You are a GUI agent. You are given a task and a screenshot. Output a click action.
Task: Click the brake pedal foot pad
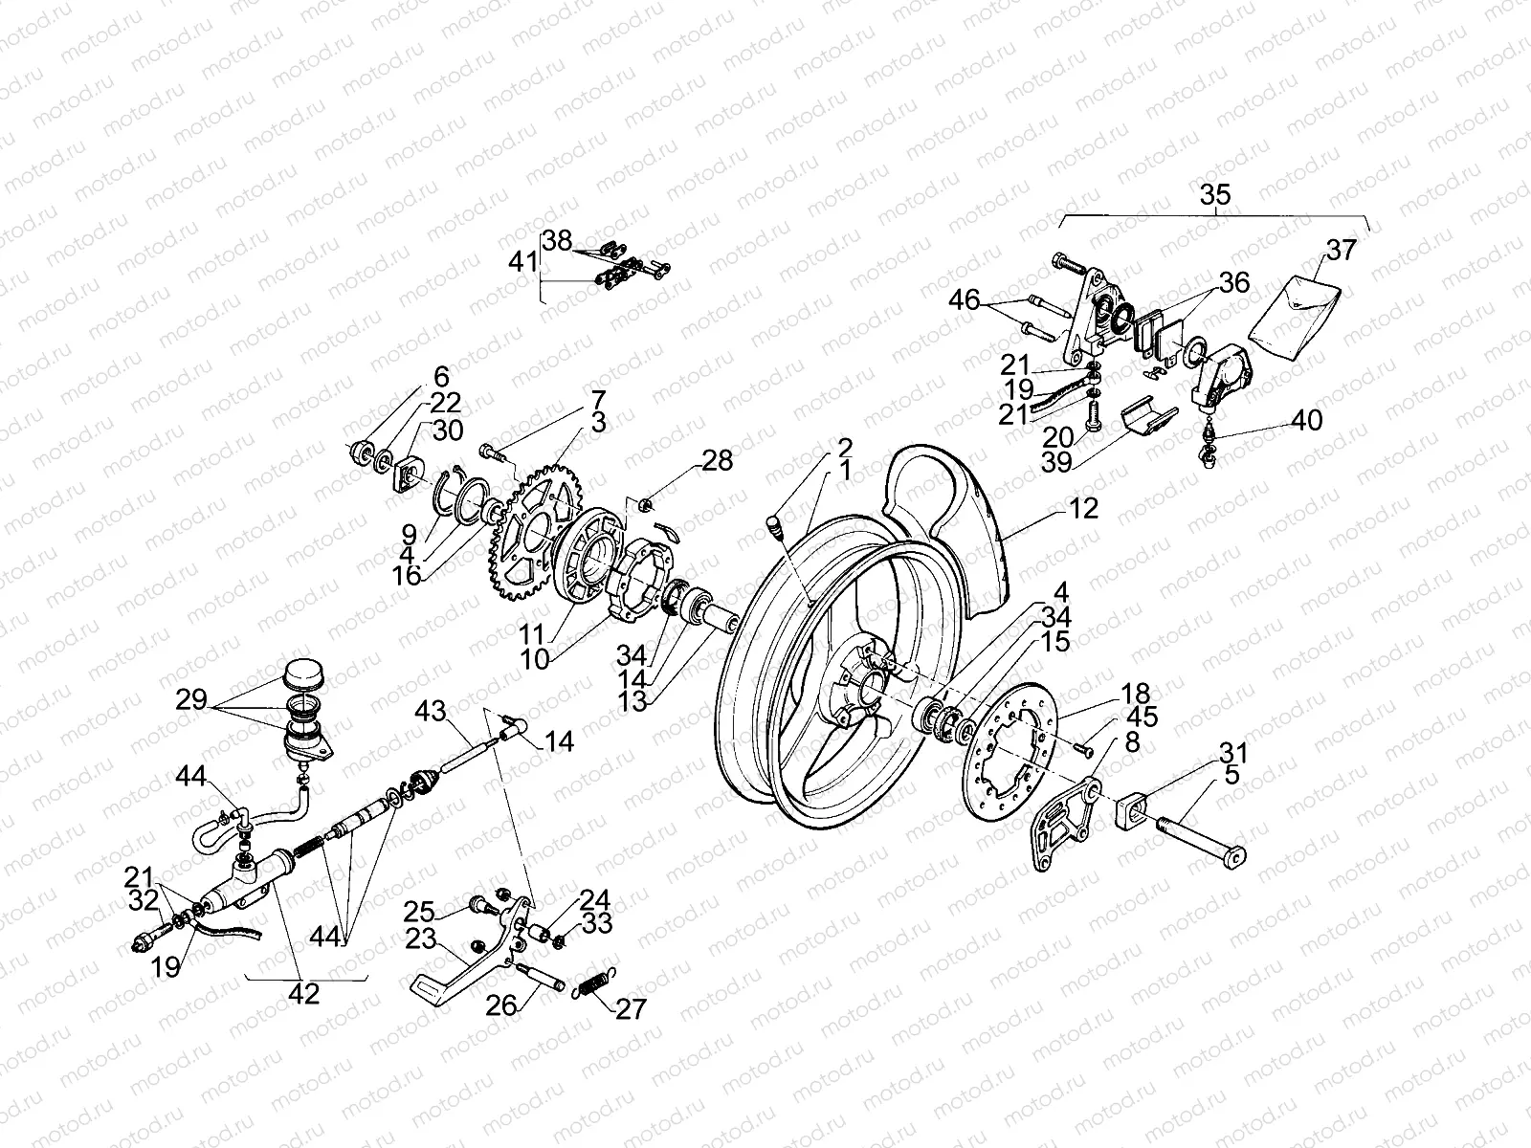(x=433, y=984)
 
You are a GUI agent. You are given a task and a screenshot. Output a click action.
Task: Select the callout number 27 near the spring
(x=631, y=1008)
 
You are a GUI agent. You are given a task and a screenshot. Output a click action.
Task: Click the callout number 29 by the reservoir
(x=191, y=699)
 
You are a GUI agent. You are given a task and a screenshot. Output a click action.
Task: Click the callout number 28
(x=718, y=461)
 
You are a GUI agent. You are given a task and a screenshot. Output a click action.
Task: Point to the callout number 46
(x=965, y=301)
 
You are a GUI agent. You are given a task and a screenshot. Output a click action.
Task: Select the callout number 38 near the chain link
(x=558, y=240)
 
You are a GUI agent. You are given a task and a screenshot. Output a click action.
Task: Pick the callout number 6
(x=440, y=375)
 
